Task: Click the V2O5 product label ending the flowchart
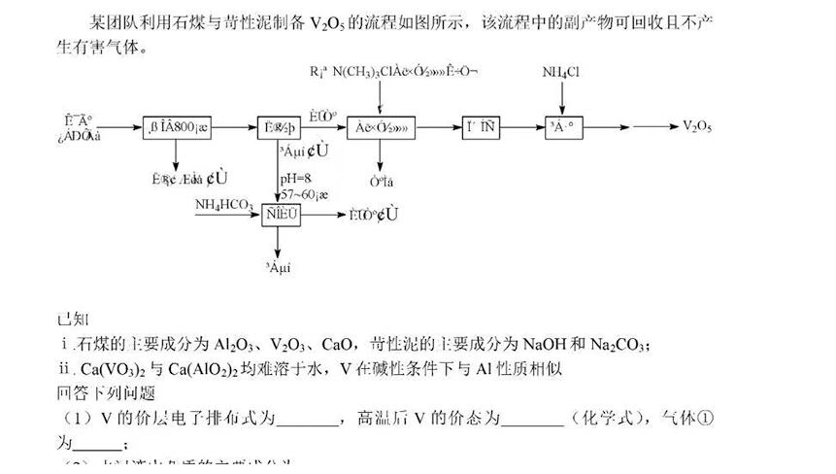(698, 126)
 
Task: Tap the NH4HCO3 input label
(224, 204)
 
